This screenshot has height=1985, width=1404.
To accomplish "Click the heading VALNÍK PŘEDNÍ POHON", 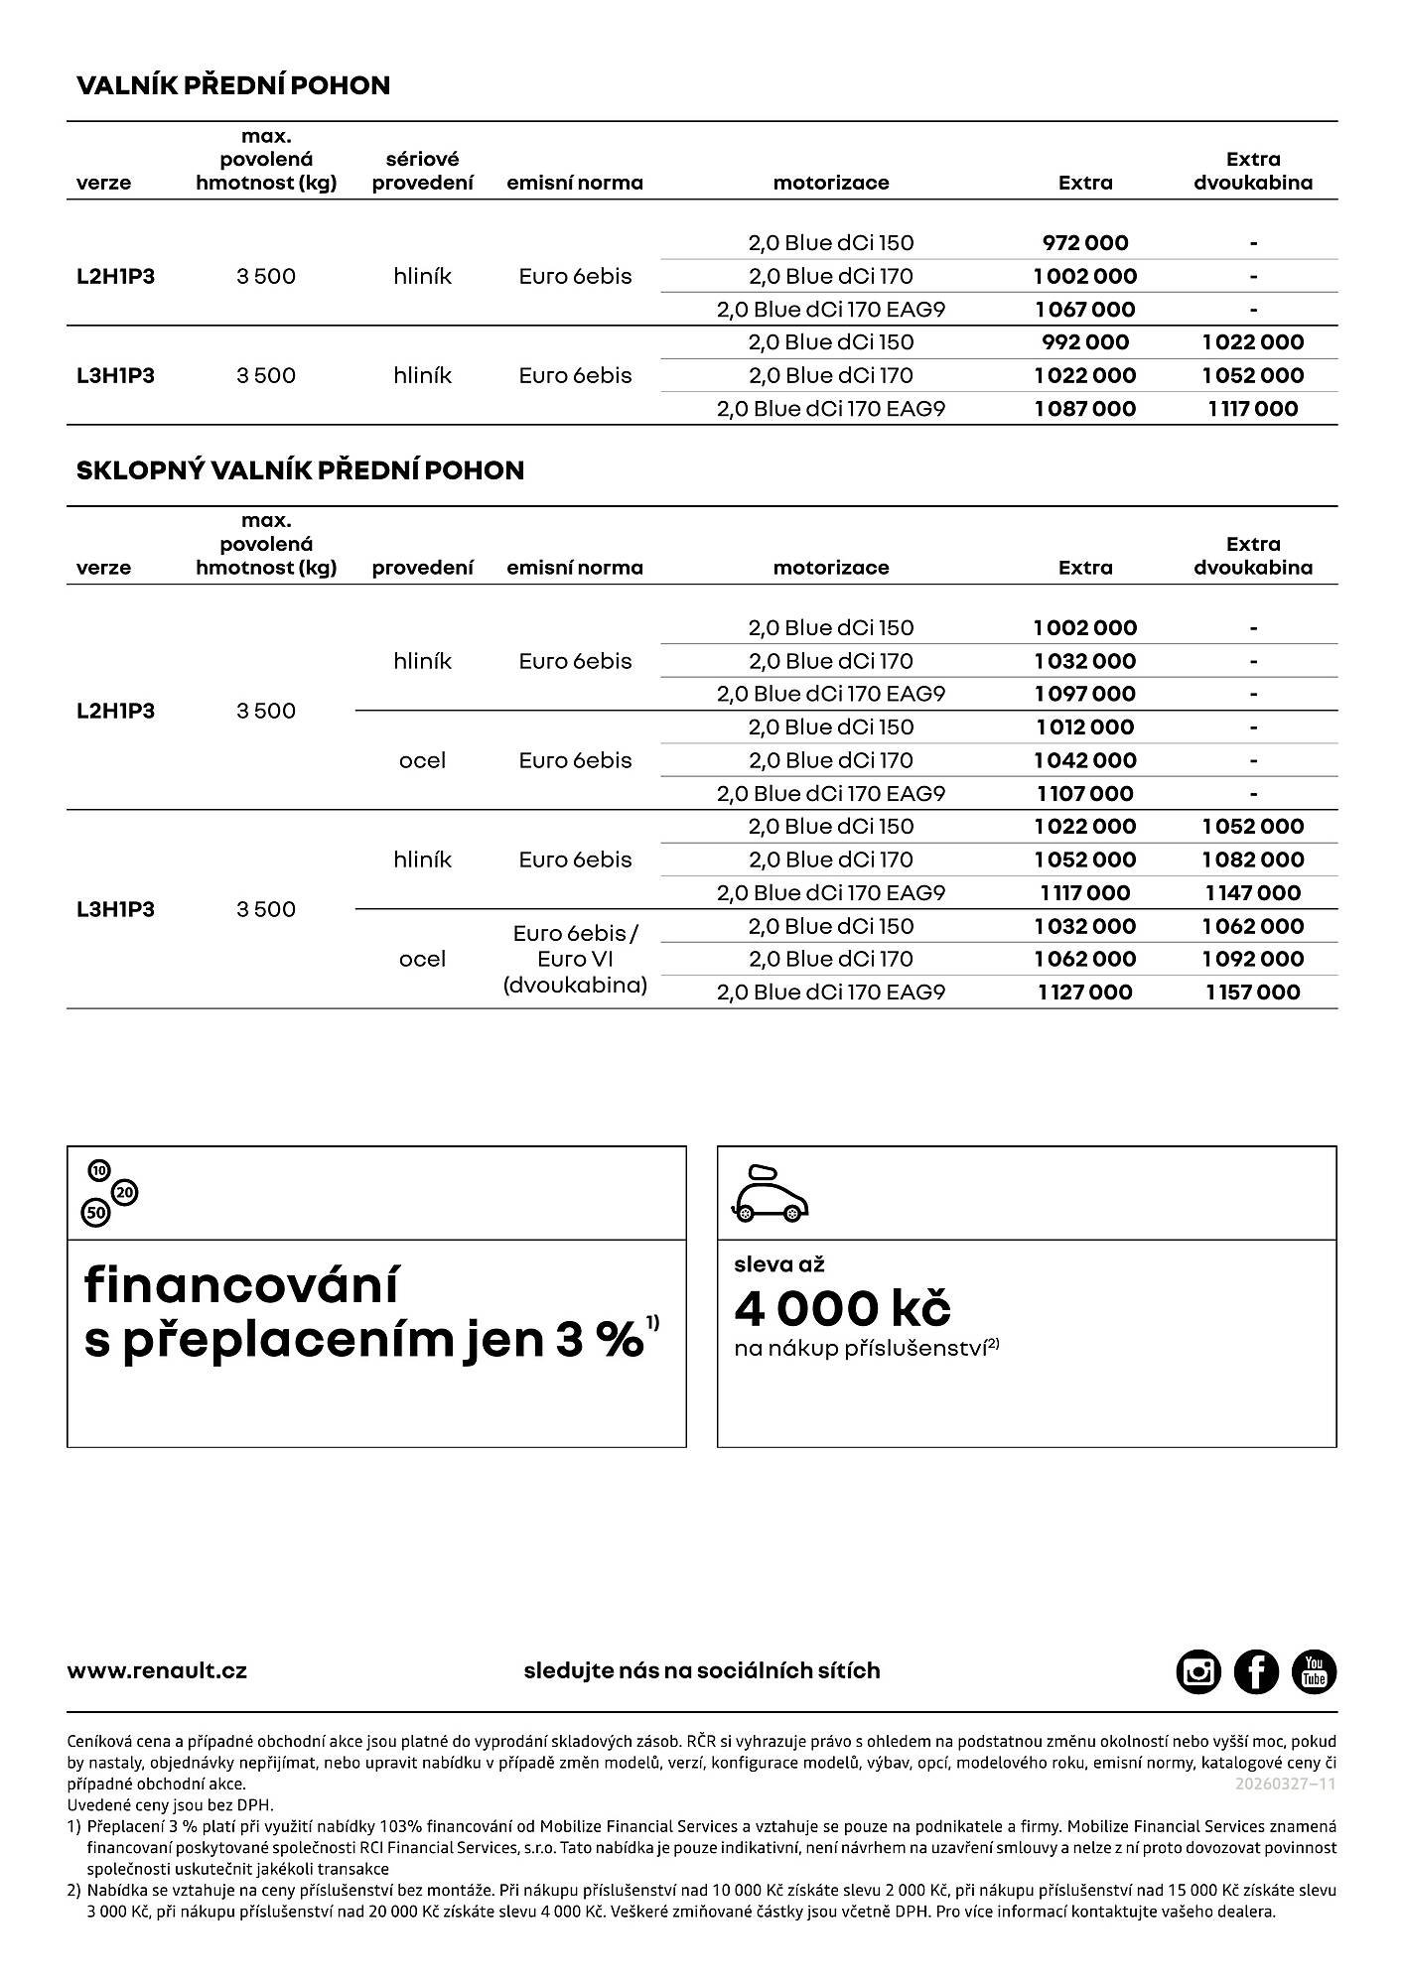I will [233, 85].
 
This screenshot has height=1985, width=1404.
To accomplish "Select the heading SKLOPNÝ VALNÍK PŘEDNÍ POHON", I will [300, 470].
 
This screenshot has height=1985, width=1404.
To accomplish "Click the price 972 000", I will [1085, 243].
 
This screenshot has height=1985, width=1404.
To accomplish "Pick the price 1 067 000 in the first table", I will [1085, 310].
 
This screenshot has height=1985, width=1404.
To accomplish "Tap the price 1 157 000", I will [1253, 992].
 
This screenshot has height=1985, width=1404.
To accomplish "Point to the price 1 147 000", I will [1253, 893].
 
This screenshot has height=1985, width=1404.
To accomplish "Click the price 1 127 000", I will [1085, 992].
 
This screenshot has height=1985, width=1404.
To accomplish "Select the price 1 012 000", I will [1085, 728].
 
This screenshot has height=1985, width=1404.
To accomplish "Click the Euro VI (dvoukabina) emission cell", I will [575, 960].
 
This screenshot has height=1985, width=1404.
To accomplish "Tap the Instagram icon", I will [1198, 1672].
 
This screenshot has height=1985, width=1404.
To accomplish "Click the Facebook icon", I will [1256, 1672].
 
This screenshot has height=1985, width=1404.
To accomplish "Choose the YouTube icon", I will [1314, 1672].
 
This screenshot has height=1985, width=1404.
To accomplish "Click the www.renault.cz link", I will [157, 1671].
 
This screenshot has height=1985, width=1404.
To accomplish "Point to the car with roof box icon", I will [771, 1194].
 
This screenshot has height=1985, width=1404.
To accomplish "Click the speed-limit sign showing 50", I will [96, 1213].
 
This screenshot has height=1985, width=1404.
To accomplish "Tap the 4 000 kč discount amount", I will [842, 1309].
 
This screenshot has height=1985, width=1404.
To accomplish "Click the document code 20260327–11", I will [1285, 1785].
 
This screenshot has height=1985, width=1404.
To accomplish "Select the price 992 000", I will [1085, 342].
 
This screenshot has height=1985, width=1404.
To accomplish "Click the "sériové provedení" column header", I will [422, 171].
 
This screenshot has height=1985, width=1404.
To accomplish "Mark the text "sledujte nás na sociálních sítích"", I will [702, 1671].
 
